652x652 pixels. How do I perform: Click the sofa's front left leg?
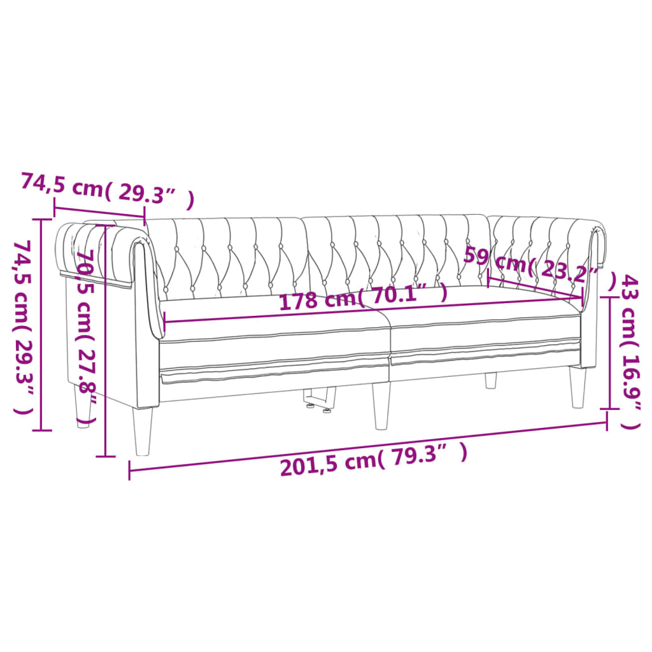click(x=144, y=431)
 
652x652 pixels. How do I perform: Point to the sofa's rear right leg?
click(x=490, y=380)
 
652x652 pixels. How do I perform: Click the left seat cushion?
click(x=274, y=331)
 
